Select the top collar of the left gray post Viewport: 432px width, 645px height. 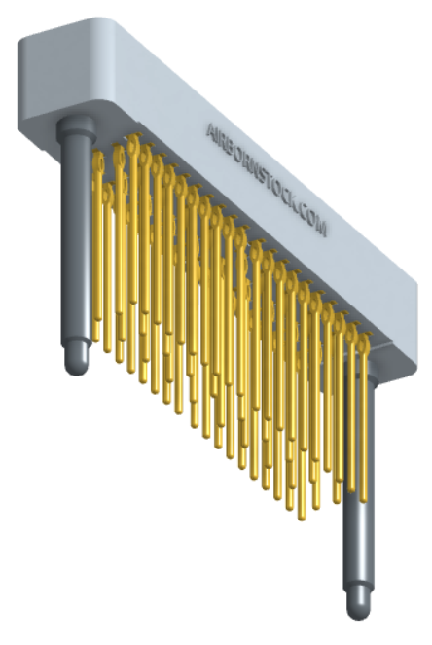77,125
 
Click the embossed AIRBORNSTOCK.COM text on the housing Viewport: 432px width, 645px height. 267,179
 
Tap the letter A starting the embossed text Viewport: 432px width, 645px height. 211,131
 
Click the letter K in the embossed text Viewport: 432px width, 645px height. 289,202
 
